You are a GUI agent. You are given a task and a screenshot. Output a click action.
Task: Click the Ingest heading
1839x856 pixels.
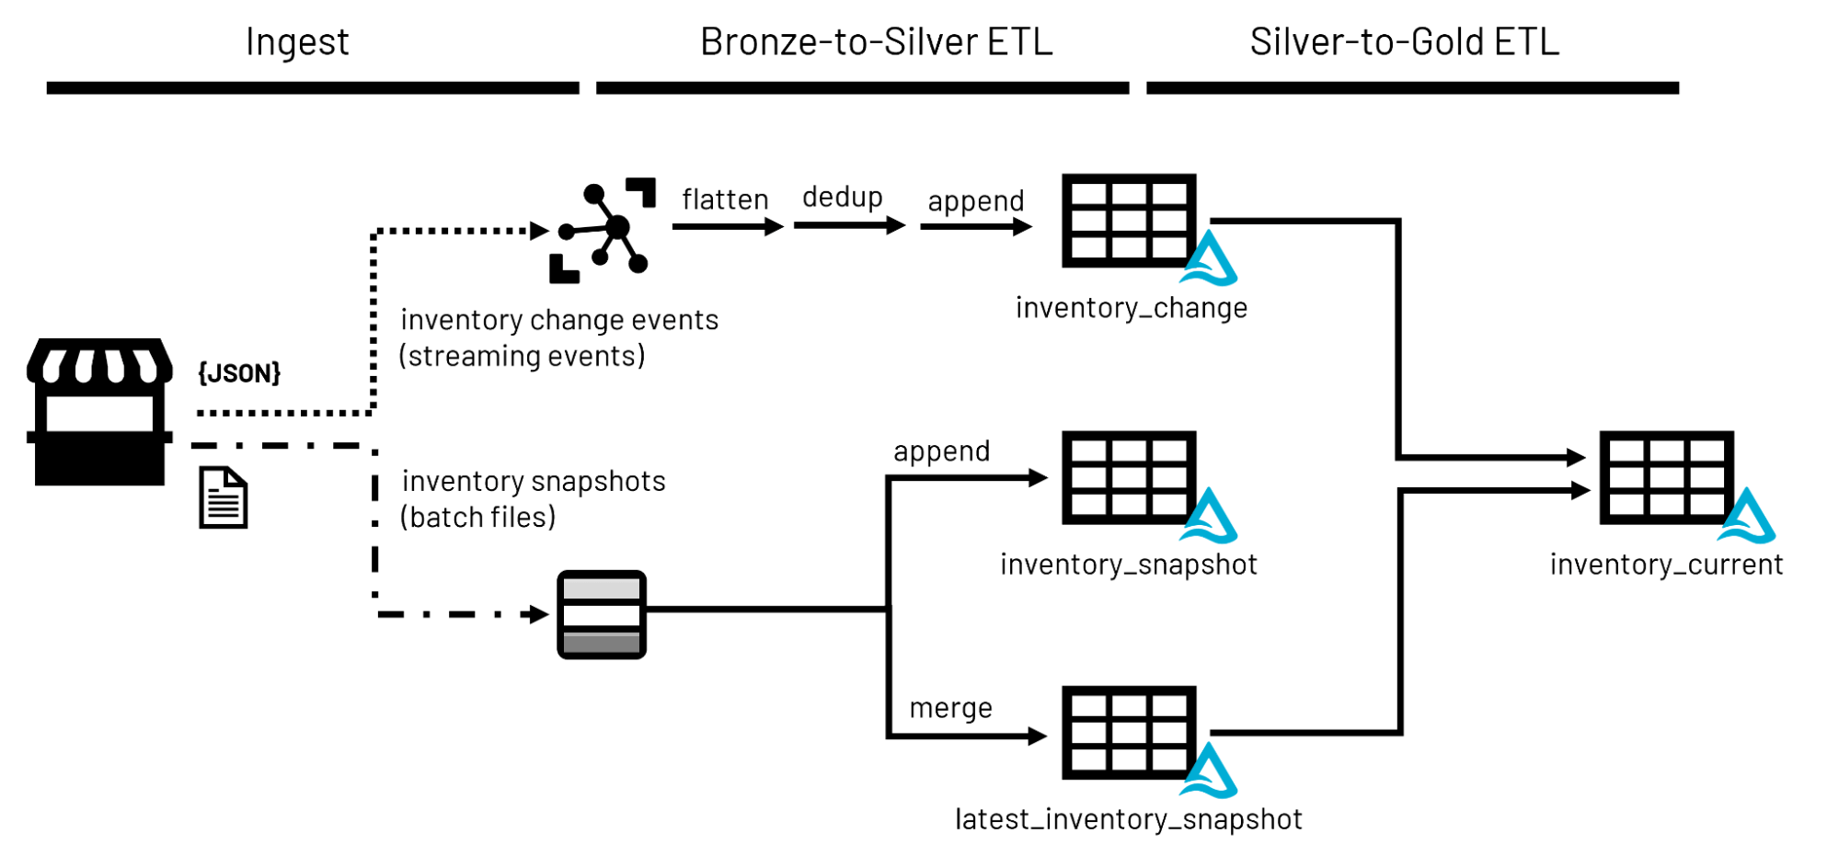(x=297, y=42)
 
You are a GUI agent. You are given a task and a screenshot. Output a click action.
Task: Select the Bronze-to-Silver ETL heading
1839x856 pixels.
(x=876, y=42)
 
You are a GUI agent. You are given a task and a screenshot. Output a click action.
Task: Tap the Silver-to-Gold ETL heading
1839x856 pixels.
(x=1404, y=42)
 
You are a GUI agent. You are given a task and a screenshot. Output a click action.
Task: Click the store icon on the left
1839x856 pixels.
(x=99, y=411)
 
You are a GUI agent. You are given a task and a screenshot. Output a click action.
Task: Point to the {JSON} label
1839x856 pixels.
(x=239, y=372)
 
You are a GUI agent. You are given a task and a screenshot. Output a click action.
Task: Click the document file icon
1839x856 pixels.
(x=224, y=497)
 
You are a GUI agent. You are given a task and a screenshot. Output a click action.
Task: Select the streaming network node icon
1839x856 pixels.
(x=603, y=230)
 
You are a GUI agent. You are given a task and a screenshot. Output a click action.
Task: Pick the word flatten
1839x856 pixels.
(x=725, y=200)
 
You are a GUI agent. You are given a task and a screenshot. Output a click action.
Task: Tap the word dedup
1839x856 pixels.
(x=842, y=197)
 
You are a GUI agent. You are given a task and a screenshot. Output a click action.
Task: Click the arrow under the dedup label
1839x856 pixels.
(x=849, y=225)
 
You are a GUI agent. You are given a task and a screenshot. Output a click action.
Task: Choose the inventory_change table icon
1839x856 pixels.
(x=1129, y=221)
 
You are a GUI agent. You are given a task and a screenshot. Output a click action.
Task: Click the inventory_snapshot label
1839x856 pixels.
(x=1128, y=564)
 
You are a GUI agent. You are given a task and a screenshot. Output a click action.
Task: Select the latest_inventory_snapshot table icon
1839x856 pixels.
(x=1129, y=733)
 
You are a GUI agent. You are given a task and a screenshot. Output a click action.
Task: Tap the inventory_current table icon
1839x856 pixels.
(x=1666, y=477)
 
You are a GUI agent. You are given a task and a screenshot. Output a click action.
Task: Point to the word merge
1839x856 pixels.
(x=950, y=708)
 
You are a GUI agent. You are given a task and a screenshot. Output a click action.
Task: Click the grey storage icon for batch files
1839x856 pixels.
(x=602, y=614)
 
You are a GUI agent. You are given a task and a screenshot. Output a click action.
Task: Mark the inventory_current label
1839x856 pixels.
(x=1666, y=564)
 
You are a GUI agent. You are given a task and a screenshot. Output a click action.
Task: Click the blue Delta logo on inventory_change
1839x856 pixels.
(x=1209, y=259)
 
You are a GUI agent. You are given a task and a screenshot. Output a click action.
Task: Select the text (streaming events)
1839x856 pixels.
(x=522, y=356)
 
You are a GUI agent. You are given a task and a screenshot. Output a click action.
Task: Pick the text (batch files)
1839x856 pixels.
(x=477, y=518)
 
